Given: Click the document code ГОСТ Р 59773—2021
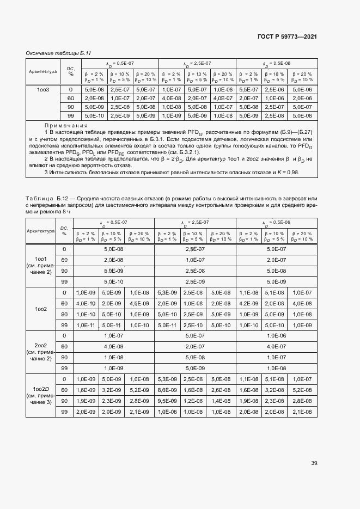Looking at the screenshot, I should coord(287,36).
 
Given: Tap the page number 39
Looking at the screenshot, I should coord(314,463).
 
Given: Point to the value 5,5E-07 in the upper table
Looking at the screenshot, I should coord(248,89).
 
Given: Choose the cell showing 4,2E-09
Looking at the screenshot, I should coord(248,303).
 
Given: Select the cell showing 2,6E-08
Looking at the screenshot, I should coord(221,390).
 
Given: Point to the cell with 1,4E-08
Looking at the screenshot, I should coord(221,401).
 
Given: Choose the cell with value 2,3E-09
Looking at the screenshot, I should coord(112,401).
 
